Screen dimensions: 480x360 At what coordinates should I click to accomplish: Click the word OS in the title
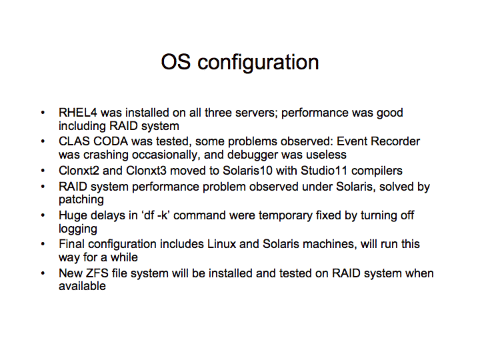[176, 62]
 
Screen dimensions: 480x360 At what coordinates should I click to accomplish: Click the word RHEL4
[78, 113]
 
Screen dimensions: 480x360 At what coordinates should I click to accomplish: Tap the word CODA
[110, 141]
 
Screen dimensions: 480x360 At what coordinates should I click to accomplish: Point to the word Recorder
[395, 141]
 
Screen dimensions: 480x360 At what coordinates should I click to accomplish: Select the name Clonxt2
[79, 171]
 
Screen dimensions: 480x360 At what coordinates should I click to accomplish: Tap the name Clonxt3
[146, 171]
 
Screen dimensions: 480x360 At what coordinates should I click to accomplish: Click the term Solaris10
[247, 171]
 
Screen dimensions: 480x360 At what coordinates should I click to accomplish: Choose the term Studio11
[324, 171]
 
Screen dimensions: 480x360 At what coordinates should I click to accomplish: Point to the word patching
[81, 199]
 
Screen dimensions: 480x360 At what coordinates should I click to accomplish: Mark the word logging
[78, 229]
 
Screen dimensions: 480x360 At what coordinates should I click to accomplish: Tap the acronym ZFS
[97, 273]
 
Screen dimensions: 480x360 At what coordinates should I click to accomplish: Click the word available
[82, 286]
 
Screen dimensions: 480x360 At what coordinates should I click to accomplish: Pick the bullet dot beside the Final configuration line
[43, 244]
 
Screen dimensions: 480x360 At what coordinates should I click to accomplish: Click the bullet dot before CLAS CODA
[43, 141]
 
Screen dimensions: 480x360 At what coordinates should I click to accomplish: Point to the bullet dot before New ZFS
[43, 273]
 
